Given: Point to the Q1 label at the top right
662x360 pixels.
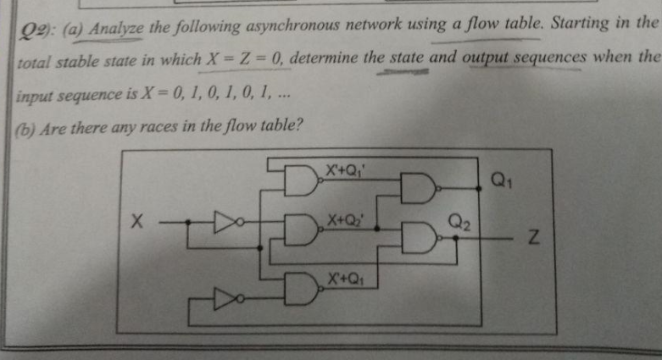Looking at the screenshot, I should tap(502, 180).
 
